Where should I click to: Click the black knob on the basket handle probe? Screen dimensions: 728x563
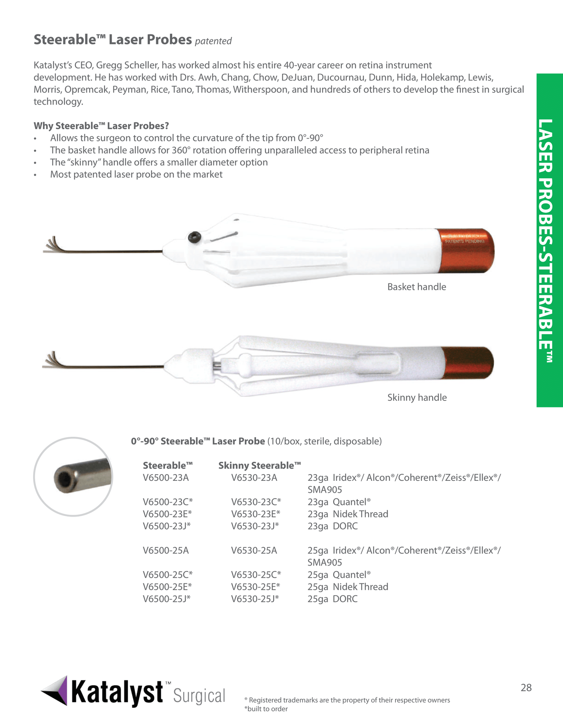pos(194,236)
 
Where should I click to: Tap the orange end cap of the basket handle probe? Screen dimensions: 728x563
pos(466,251)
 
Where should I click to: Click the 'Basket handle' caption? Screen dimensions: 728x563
pos(417,287)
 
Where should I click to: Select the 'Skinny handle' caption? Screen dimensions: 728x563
pos(417,397)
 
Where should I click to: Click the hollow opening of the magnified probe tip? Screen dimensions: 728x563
pos(63,479)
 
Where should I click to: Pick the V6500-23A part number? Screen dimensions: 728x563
pos(166,478)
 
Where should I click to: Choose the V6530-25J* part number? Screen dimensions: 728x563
pos(255,599)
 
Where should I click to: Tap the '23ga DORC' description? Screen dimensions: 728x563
pos(332,526)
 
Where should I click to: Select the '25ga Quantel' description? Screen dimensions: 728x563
pos(339,575)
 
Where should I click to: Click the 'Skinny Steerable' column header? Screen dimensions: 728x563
pos(259,466)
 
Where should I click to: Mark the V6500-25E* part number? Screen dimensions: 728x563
pos(167,587)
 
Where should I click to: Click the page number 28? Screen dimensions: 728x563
pos(526,688)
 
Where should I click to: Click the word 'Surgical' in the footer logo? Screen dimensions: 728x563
pos(199,696)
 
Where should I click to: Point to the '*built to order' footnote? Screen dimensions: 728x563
pos(266,709)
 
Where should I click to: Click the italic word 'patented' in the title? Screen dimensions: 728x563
pos(213,41)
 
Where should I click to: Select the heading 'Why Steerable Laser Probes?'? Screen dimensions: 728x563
pos(101,126)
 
